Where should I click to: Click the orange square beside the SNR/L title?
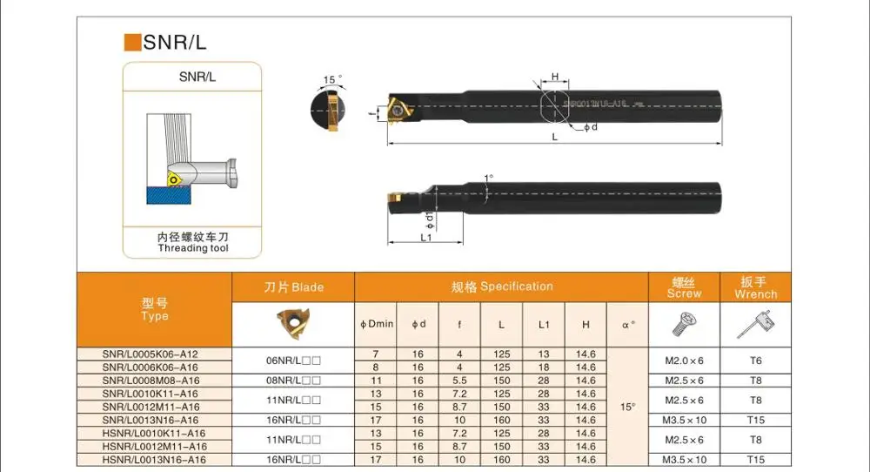pos(133,42)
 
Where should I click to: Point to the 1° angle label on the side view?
pos(488,178)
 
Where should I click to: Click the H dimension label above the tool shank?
pos(555,78)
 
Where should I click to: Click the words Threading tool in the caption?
pos(193,248)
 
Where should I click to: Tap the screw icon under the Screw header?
pos(683,325)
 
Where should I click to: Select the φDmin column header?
pos(377,324)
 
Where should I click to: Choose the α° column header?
pos(628,324)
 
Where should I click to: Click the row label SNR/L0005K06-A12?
pos(151,354)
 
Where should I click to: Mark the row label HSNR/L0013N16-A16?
pos(154,459)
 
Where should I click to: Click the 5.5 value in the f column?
pos(459,381)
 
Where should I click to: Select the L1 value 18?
pos(544,367)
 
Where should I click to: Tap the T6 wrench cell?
pos(755,361)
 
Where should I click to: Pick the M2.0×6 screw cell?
pos(684,361)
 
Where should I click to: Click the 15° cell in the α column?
pos(628,407)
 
